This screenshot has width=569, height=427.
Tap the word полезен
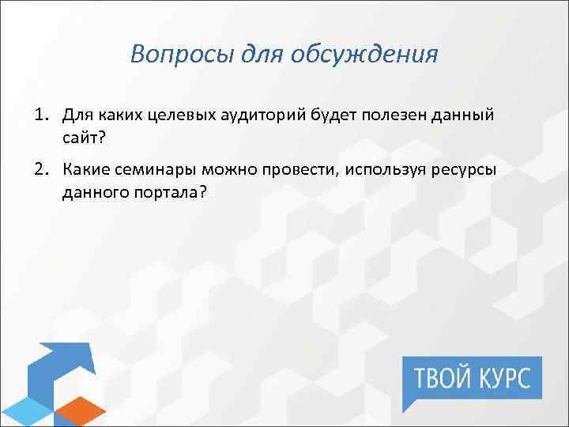(394, 115)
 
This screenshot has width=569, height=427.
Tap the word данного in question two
(90, 194)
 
